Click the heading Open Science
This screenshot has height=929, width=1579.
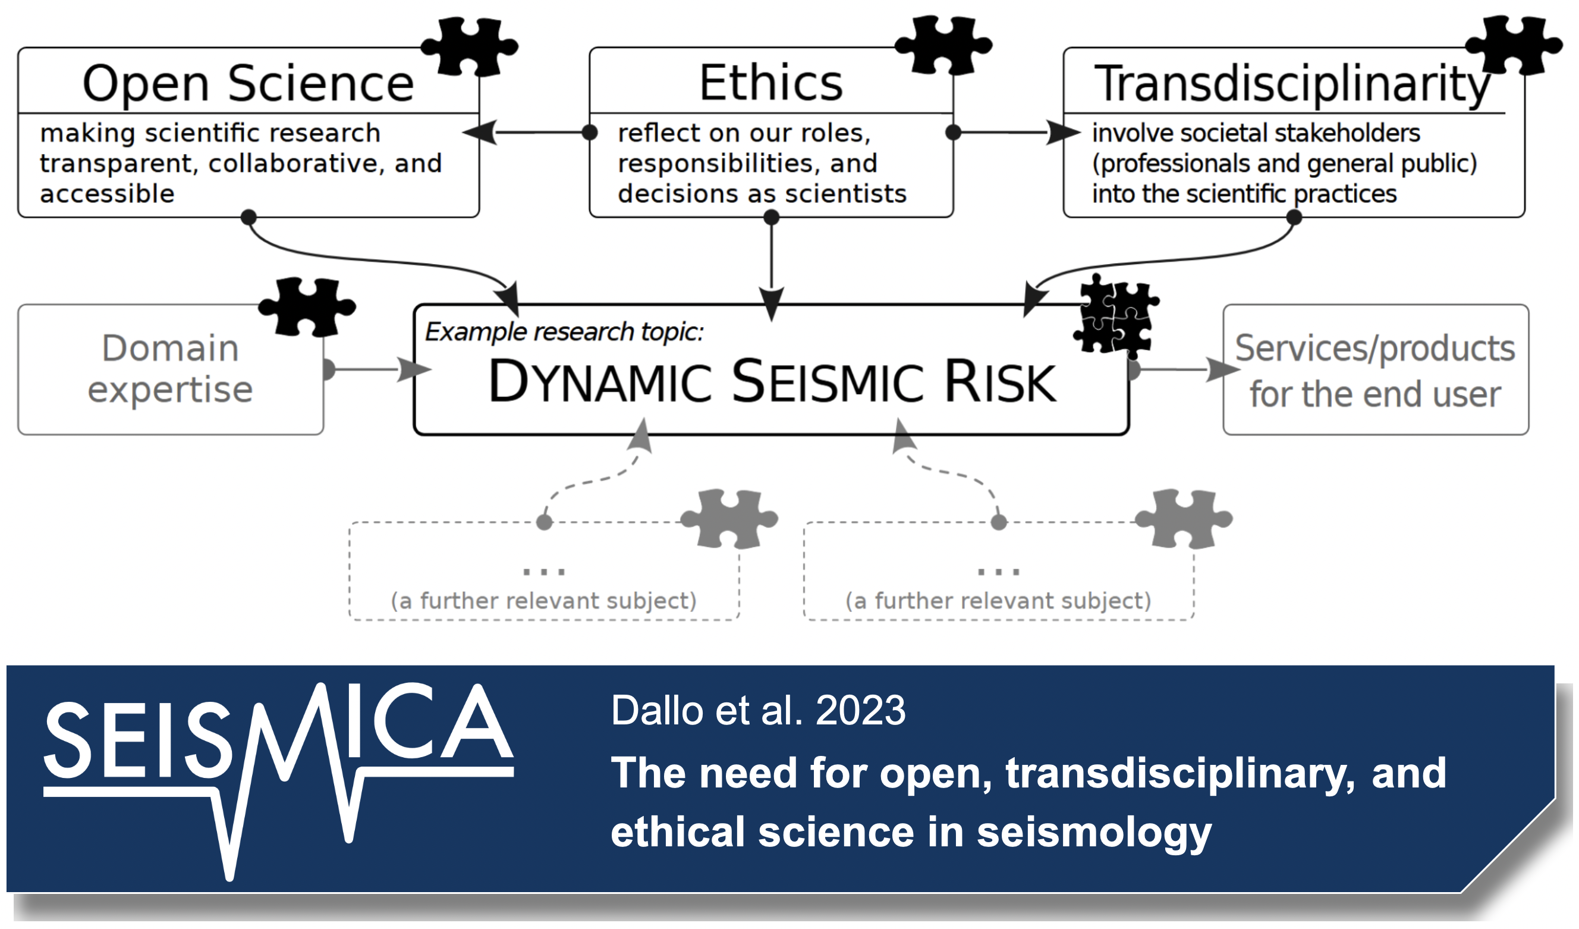click(x=248, y=83)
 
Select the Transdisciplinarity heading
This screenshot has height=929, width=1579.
click(x=1292, y=84)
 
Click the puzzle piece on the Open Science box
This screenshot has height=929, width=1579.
click(x=469, y=47)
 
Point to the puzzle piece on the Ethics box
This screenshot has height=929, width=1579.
click(x=943, y=46)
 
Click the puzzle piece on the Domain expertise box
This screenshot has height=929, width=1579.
click(x=307, y=307)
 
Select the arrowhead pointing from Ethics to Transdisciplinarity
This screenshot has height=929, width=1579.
click(x=1064, y=132)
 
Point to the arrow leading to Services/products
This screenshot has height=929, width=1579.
click(x=1184, y=369)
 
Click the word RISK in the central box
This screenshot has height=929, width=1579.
click(x=1000, y=382)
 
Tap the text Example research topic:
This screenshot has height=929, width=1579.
click(x=564, y=332)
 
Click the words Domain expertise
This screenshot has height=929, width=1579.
click(x=171, y=369)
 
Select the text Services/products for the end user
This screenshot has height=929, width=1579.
click(x=1375, y=371)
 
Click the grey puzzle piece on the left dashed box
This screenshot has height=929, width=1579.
click(x=729, y=519)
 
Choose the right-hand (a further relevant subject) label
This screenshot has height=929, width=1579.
click(x=998, y=601)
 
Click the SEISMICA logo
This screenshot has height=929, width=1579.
click(x=279, y=780)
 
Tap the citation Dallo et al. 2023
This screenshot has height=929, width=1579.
click(x=758, y=710)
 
